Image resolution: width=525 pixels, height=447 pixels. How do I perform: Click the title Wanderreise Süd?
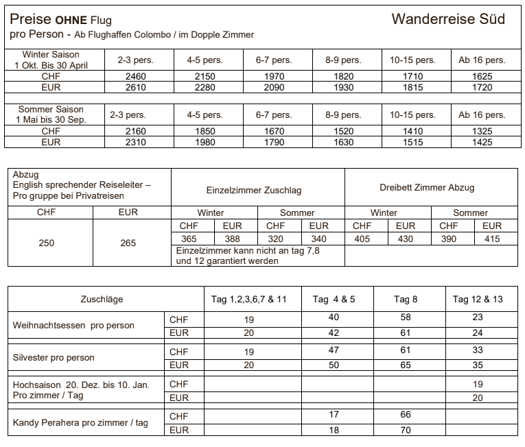(447, 19)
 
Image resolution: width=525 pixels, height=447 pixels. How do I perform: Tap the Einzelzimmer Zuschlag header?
(254, 190)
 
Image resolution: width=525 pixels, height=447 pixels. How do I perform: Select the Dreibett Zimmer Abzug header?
(427, 187)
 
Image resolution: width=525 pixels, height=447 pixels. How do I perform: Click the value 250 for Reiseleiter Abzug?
(47, 243)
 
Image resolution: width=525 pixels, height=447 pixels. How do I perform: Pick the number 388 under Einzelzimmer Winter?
(232, 239)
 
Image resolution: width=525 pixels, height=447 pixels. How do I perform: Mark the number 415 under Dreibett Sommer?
(491, 239)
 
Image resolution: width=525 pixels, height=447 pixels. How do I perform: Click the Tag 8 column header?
(406, 300)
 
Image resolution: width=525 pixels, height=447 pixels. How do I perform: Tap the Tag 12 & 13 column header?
(478, 300)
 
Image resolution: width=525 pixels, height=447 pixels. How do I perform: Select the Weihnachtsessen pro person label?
(73, 325)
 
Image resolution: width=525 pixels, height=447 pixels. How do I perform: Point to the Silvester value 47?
(334, 350)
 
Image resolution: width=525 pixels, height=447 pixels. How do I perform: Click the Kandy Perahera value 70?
(406, 430)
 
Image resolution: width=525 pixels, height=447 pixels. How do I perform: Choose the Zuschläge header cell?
(102, 300)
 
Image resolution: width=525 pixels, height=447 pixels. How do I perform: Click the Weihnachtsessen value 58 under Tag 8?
(406, 318)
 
